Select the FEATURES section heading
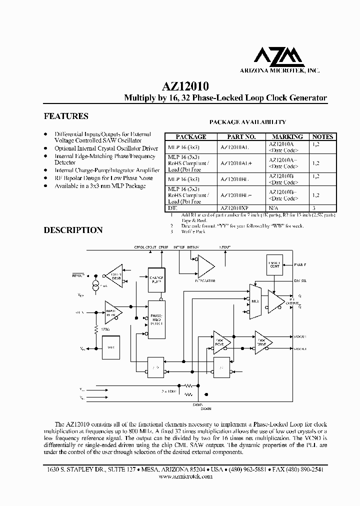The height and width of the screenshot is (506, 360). (x=66, y=116)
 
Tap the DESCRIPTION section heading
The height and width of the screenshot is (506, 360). (x=73, y=230)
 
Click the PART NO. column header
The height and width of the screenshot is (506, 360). (x=241, y=136)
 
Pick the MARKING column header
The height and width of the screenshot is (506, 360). (x=287, y=136)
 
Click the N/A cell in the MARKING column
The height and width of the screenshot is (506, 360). (x=274, y=207)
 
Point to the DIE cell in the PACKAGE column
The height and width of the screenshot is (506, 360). (x=173, y=207)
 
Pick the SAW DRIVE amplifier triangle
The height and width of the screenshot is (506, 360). (x=262, y=341)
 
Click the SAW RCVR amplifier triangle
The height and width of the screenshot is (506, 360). (x=220, y=341)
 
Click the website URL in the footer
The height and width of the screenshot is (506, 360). (x=185, y=476)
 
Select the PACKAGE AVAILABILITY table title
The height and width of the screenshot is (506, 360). (x=247, y=121)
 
